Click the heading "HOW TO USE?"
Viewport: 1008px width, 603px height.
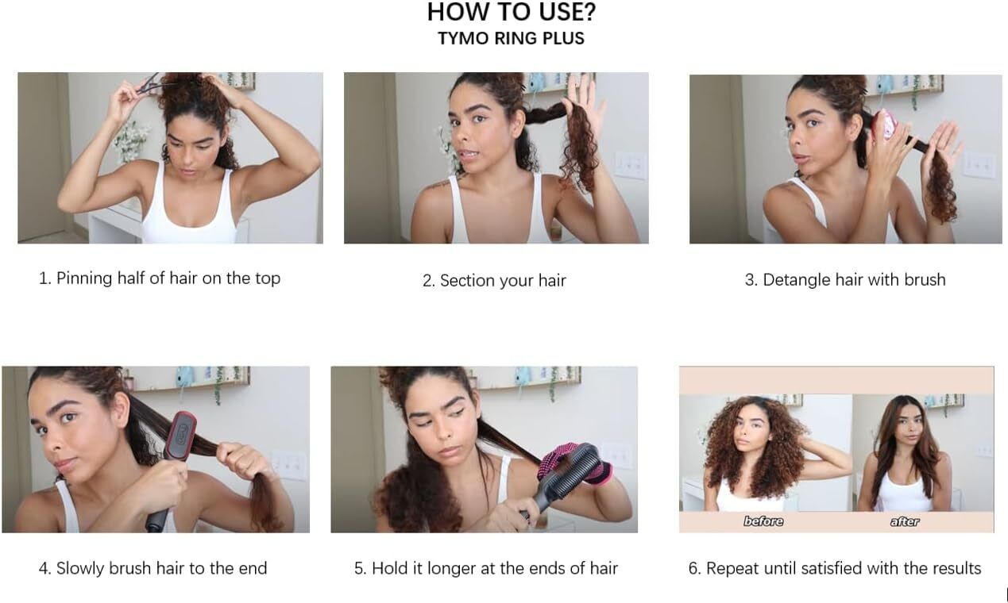511,12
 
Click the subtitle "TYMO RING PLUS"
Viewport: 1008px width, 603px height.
511,39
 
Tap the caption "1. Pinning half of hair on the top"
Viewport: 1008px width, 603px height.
160,278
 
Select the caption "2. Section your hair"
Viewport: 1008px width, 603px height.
494,281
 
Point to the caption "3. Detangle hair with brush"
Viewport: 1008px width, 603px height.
845,280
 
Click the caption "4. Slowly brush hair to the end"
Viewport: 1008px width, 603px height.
153,568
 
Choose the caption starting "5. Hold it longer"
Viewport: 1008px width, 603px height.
486,568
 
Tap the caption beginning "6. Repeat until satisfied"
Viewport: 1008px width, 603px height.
835,568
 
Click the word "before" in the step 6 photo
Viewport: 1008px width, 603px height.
763,521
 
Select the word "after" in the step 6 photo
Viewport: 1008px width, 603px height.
905,521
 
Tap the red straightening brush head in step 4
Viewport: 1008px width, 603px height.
181,434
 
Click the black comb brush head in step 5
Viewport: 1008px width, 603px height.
570,467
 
